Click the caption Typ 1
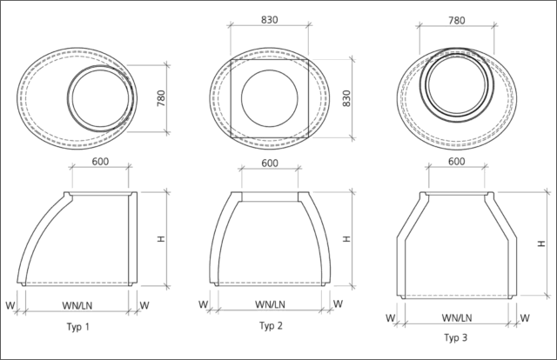click(78, 327)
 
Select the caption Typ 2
click(271, 325)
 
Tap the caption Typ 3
click(456, 337)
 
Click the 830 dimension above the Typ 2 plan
click(270, 20)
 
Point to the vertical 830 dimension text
click(346, 98)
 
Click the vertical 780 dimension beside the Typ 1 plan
click(161, 98)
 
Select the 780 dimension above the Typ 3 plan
click(456, 20)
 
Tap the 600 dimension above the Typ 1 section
click(100, 162)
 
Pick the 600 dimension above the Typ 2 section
click(270, 163)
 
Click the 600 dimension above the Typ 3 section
click(456, 162)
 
